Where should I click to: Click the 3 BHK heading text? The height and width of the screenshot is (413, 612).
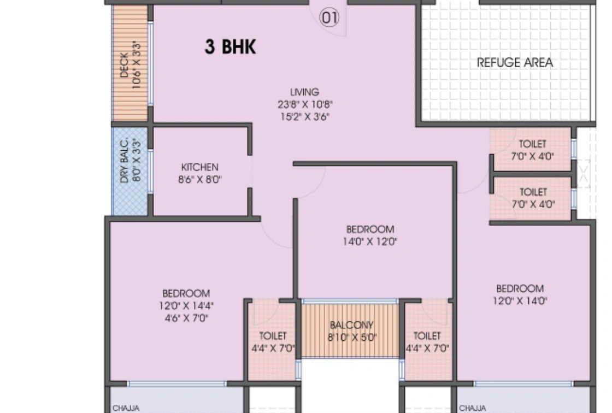[x=230, y=47]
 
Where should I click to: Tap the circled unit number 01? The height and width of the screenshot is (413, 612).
[x=329, y=18]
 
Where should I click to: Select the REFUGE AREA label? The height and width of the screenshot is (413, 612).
[x=515, y=62]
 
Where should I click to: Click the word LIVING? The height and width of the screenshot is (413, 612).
[x=304, y=92]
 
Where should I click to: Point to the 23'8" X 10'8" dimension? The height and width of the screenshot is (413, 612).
[x=305, y=104]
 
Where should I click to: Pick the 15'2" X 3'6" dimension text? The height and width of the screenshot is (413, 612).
[x=305, y=116]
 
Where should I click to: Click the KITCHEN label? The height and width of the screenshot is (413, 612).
[x=199, y=167]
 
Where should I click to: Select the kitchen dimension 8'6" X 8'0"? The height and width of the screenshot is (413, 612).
[x=200, y=179]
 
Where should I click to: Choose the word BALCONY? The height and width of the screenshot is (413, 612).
[x=351, y=325]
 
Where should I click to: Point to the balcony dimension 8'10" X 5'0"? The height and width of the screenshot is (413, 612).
[x=352, y=337]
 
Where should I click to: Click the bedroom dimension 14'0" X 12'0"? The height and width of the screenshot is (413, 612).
[x=370, y=241]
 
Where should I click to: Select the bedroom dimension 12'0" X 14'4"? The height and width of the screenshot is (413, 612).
[x=186, y=306]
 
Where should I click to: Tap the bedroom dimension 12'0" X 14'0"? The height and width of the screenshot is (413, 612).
[x=520, y=300]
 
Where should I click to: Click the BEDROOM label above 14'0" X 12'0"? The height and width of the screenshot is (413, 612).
[x=370, y=229]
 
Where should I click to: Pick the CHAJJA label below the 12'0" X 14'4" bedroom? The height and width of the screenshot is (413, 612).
[x=126, y=408]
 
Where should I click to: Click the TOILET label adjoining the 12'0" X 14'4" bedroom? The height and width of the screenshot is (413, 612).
[x=273, y=336]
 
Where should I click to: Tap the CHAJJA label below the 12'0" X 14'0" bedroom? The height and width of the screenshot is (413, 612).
[x=473, y=408]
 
